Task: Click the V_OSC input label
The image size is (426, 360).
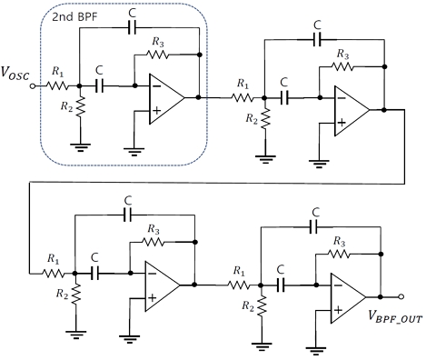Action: pyautogui.click(x=16, y=70)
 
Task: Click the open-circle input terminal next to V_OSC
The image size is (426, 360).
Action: pyautogui.click(x=34, y=86)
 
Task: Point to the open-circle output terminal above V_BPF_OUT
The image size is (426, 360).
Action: pyautogui.click(x=401, y=296)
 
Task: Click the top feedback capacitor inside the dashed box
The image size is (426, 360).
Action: pyautogui.click(x=134, y=27)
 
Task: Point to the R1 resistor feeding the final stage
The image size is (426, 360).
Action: pyautogui.click(x=241, y=284)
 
